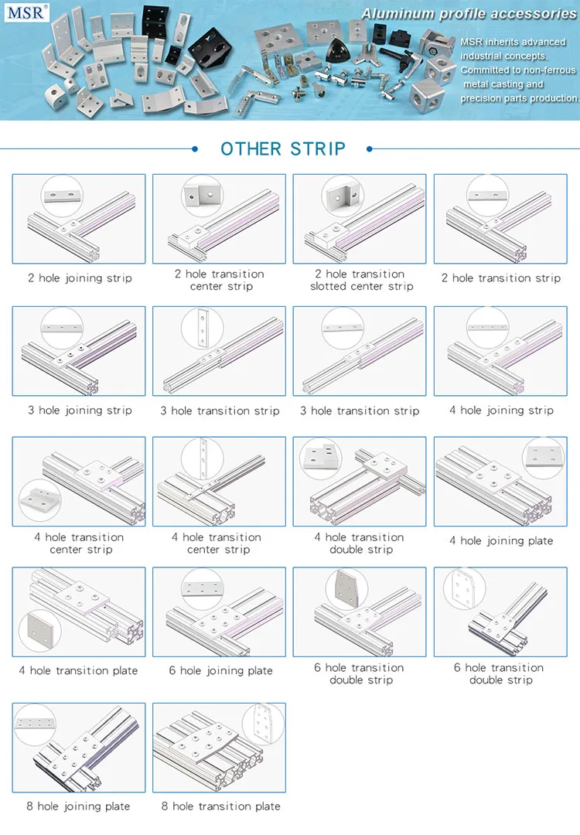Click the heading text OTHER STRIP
point(283,148)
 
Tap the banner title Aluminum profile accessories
point(469,13)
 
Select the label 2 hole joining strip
point(80,278)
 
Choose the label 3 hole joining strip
point(80,410)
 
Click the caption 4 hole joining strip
point(501,410)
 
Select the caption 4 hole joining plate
point(501,540)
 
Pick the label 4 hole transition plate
point(78,670)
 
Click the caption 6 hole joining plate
point(220,670)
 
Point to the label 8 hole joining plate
point(78,806)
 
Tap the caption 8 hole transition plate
point(220,806)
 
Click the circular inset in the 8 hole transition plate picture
point(263,726)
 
